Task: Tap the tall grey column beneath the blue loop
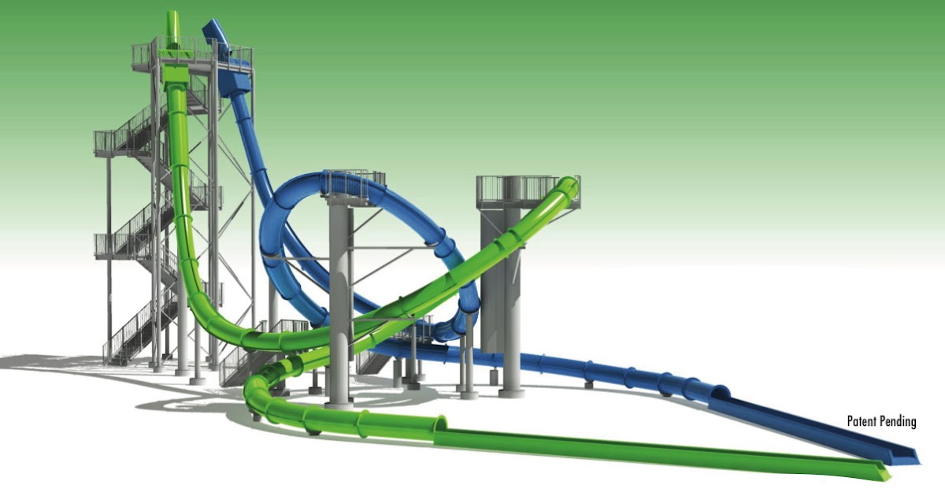point(339,299)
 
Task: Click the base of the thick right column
point(510,389)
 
